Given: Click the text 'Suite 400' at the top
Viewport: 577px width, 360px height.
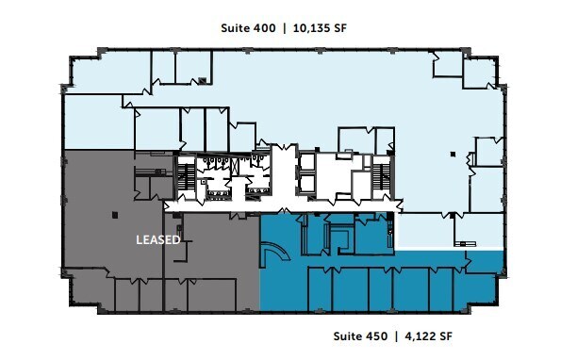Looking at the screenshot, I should [x=249, y=29].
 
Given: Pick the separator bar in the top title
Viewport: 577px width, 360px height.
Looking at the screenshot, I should [x=285, y=29].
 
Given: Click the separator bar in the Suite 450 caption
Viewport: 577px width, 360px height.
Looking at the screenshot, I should [x=397, y=335].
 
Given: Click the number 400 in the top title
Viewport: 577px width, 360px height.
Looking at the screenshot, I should [x=264, y=29].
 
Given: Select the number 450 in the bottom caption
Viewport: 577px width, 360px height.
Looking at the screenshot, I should [x=377, y=335].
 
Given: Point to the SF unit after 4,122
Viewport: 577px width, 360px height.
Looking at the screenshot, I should [x=449, y=335].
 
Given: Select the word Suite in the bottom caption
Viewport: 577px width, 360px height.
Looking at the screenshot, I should [x=349, y=335].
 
